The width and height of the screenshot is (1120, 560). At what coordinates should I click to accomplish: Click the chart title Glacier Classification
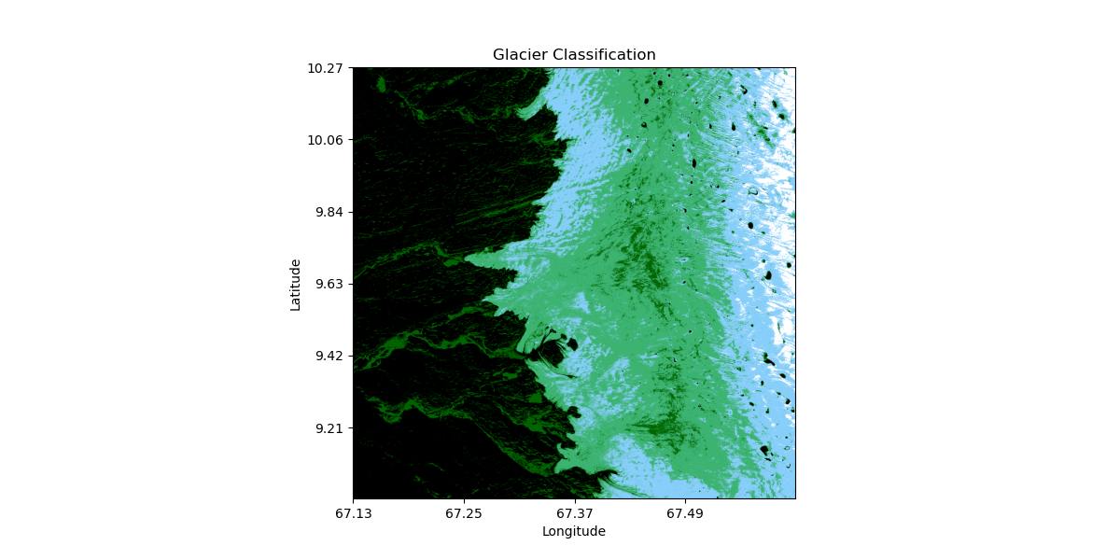(x=574, y=55)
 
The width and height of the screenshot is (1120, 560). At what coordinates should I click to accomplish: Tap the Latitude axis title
(x=296, y=284)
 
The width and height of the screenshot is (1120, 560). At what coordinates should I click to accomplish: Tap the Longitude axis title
(x=574, y=531)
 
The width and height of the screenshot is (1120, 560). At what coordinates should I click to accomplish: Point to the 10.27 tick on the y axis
(x=329, y=68)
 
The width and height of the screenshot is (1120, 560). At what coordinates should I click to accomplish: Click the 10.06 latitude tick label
(x=329, y=140)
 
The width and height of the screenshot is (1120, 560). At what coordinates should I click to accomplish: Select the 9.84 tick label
(x=331, y=212)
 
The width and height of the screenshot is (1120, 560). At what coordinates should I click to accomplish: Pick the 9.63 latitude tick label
(x=331, y=284)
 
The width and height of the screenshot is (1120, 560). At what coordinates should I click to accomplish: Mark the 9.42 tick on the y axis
(x=331, y=356)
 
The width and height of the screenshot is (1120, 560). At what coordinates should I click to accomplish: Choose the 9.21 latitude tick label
(x=331, y=428)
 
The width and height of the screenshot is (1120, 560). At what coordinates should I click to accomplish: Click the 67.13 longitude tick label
(x=353, y=513)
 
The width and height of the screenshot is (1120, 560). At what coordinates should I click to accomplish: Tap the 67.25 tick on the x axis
(x=463, y=513)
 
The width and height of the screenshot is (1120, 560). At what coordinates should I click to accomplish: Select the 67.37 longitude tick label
(x=574, y=513)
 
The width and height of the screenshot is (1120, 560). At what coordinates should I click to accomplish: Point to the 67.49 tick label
(x=684, y=513)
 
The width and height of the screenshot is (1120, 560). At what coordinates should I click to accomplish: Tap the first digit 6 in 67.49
(x=670, y=513)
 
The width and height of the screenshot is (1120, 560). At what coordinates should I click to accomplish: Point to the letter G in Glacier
(x=498, y=55)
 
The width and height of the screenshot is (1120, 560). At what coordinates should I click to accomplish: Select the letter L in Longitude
(x=546, y=531)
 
